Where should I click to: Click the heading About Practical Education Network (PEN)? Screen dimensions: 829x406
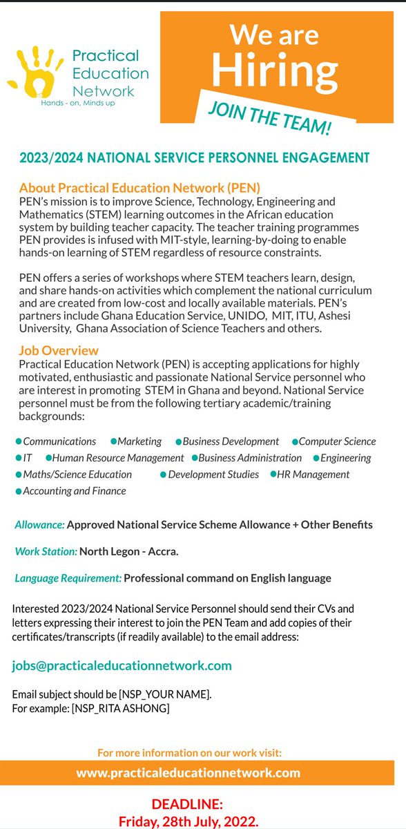pyautogui.click(x=139, y=188)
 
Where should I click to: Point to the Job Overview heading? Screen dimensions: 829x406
pyautogui.click(x=59, y=351)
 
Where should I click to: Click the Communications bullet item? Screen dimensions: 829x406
pyautogui.click(x=59, y=441)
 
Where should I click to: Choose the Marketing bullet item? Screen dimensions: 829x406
pyautogui.click(x=139, y=441)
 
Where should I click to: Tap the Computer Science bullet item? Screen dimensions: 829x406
pyautogui.click(x=337, y=441)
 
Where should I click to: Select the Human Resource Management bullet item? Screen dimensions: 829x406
pyautogui.click(x=118, y=458)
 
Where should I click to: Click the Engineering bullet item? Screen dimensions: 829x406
pyautogui.click(x=345, y=458)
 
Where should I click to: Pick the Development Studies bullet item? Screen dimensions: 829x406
pyautogui.click(x=213, y=475)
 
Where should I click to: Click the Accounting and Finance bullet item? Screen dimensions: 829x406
pyautogui.click(x=75, y=491)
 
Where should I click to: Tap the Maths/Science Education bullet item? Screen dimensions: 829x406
pyautogui.click(x=77, y=475)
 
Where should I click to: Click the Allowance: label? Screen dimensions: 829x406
pyautogui.click(x=40, y=525)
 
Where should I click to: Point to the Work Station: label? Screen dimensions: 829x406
pyautogui.click(x=46, y=551)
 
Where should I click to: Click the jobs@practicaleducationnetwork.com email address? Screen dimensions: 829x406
pyautogui.click(x=122, y=666)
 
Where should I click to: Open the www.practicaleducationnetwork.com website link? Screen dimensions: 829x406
pyautogui.click(x=188, y=772)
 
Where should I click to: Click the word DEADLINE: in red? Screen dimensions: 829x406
pyautogui.click(x=188, y=804)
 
